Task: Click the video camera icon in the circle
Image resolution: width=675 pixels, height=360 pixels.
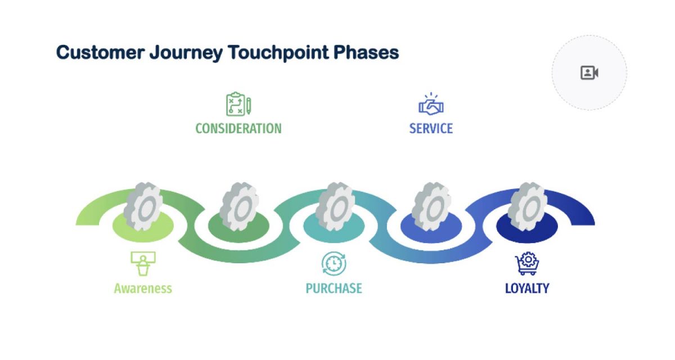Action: point(589,73)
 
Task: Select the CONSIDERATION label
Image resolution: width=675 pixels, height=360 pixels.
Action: point(238,128)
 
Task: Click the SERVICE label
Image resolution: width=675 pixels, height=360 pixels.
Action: point(431,128)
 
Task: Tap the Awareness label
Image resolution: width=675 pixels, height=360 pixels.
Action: point(143,289)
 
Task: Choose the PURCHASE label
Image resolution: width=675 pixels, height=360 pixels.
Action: point(334,289)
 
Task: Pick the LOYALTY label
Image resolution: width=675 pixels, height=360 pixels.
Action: point(527,289)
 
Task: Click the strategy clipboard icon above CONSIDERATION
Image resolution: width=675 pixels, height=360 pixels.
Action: point(238,105)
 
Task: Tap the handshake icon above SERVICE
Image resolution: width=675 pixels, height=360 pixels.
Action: point(431,105)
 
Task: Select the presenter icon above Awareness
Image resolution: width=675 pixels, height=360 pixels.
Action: point(143,263)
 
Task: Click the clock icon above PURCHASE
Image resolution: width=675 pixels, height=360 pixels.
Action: point(334,263)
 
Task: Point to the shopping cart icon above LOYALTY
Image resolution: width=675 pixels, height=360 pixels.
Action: point(527,263)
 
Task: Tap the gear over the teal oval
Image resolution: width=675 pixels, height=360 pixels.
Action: point(335,206)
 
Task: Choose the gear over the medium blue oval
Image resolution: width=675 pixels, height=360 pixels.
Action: point(431,206)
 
